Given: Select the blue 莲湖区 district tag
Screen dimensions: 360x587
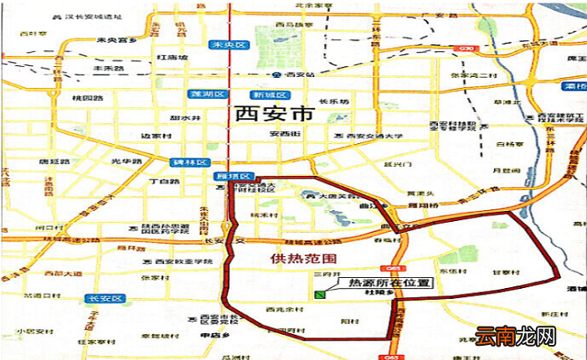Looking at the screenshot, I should tap(204, 94).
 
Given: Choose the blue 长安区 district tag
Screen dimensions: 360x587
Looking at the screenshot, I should tap(106, 298).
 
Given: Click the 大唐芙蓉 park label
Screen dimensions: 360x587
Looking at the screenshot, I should tap(334, 197).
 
